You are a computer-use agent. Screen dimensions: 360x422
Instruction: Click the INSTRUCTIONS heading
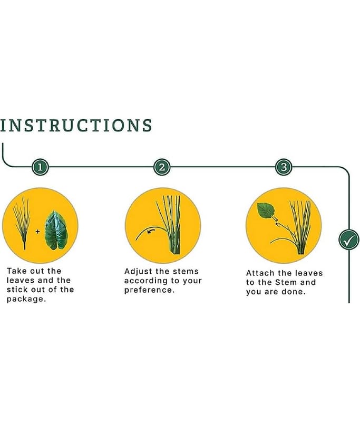pos(76,126)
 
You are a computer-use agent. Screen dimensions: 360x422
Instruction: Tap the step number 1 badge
pos(40,167)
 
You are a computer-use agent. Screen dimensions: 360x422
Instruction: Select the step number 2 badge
pos(162,167)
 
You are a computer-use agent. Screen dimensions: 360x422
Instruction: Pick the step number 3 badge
pos(284,167)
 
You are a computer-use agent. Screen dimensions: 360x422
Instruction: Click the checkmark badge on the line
pos(349,239)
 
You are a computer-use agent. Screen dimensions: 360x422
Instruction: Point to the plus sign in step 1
pos(37,232)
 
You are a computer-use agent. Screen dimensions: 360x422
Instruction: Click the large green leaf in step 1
pos(56,230)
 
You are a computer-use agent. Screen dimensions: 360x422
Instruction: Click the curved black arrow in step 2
pos(151,231)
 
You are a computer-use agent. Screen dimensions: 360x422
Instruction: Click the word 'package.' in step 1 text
pos(26,299)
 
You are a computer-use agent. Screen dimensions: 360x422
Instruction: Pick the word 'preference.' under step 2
pos(149,291)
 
